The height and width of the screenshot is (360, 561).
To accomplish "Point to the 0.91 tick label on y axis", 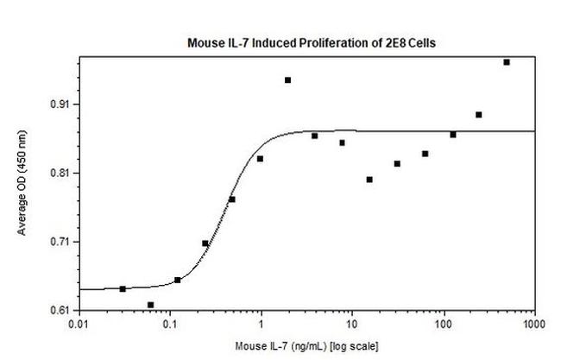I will point(62,104).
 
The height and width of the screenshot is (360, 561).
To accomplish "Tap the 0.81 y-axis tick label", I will point(62,174).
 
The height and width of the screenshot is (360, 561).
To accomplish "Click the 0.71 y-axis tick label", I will point(62,242).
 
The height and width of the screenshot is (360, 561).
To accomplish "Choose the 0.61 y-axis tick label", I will point(62,310).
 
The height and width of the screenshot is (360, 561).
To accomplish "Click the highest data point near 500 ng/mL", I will point(507,62).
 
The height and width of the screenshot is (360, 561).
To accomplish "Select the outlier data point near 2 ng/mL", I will point(287,80).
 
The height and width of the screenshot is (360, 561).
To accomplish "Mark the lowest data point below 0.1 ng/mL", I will point(150,305).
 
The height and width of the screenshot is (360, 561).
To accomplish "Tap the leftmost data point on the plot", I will point(123,289).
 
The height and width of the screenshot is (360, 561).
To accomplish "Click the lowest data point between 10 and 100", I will point(369,180).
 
